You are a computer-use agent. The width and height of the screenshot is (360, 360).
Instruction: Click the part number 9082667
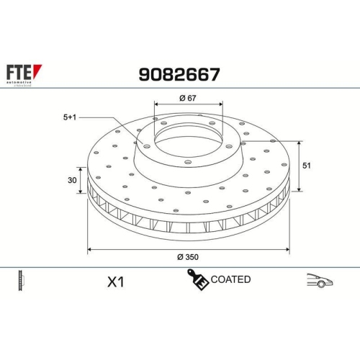coord(179,73)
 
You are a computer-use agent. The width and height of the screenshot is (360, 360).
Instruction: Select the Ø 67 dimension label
coord(188,98)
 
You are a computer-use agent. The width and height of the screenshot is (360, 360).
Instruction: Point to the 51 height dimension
coord(306,166)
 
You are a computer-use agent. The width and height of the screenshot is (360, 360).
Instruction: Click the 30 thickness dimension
coord(72,181)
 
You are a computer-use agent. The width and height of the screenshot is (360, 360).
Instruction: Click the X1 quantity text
coord(115,282)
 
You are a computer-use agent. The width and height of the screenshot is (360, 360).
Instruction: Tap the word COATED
coord(231,279)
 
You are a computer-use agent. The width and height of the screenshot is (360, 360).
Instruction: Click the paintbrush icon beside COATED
coord(198,280)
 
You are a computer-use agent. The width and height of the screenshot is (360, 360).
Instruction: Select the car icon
coord(319,280)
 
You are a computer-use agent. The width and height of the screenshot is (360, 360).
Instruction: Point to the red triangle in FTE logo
coord(39,70)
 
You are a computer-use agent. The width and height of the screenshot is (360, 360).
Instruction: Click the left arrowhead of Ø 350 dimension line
coord(89,249)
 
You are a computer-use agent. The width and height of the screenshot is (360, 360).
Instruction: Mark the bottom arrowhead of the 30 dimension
coord(82,194)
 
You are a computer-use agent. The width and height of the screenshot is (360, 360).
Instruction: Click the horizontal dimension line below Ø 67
coord(189,106)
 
